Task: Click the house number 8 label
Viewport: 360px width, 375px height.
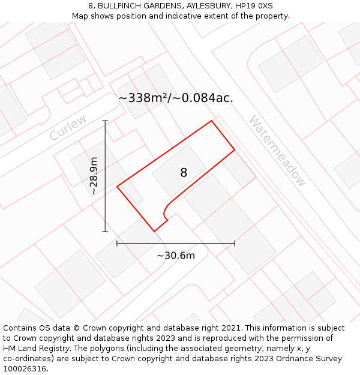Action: [x=184, y=173]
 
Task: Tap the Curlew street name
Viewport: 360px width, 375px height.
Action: [x=68, y=127]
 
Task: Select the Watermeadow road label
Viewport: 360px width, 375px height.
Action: [x=277, y=151]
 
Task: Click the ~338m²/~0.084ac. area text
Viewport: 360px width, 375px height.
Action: [x=175, y=98]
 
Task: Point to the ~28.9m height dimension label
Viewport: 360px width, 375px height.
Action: [x=94, y=176]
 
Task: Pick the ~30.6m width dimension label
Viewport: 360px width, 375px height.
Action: [x=176, y=256]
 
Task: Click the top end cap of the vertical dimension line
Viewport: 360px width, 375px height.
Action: [x=105, y=121]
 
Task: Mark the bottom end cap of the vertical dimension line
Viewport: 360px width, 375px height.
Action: [x=105, y=231]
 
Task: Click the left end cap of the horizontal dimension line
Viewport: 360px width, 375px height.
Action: [x=117, y=243]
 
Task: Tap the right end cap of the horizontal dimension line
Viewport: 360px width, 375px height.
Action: [x=235, y=243]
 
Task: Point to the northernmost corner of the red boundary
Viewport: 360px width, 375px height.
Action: [x=211, y=121]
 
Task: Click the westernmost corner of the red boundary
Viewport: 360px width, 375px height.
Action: [x=117, y=186]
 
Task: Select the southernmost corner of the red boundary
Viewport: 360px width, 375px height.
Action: [x=154, y=231]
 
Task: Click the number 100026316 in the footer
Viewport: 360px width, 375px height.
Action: [x=25, y=369]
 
